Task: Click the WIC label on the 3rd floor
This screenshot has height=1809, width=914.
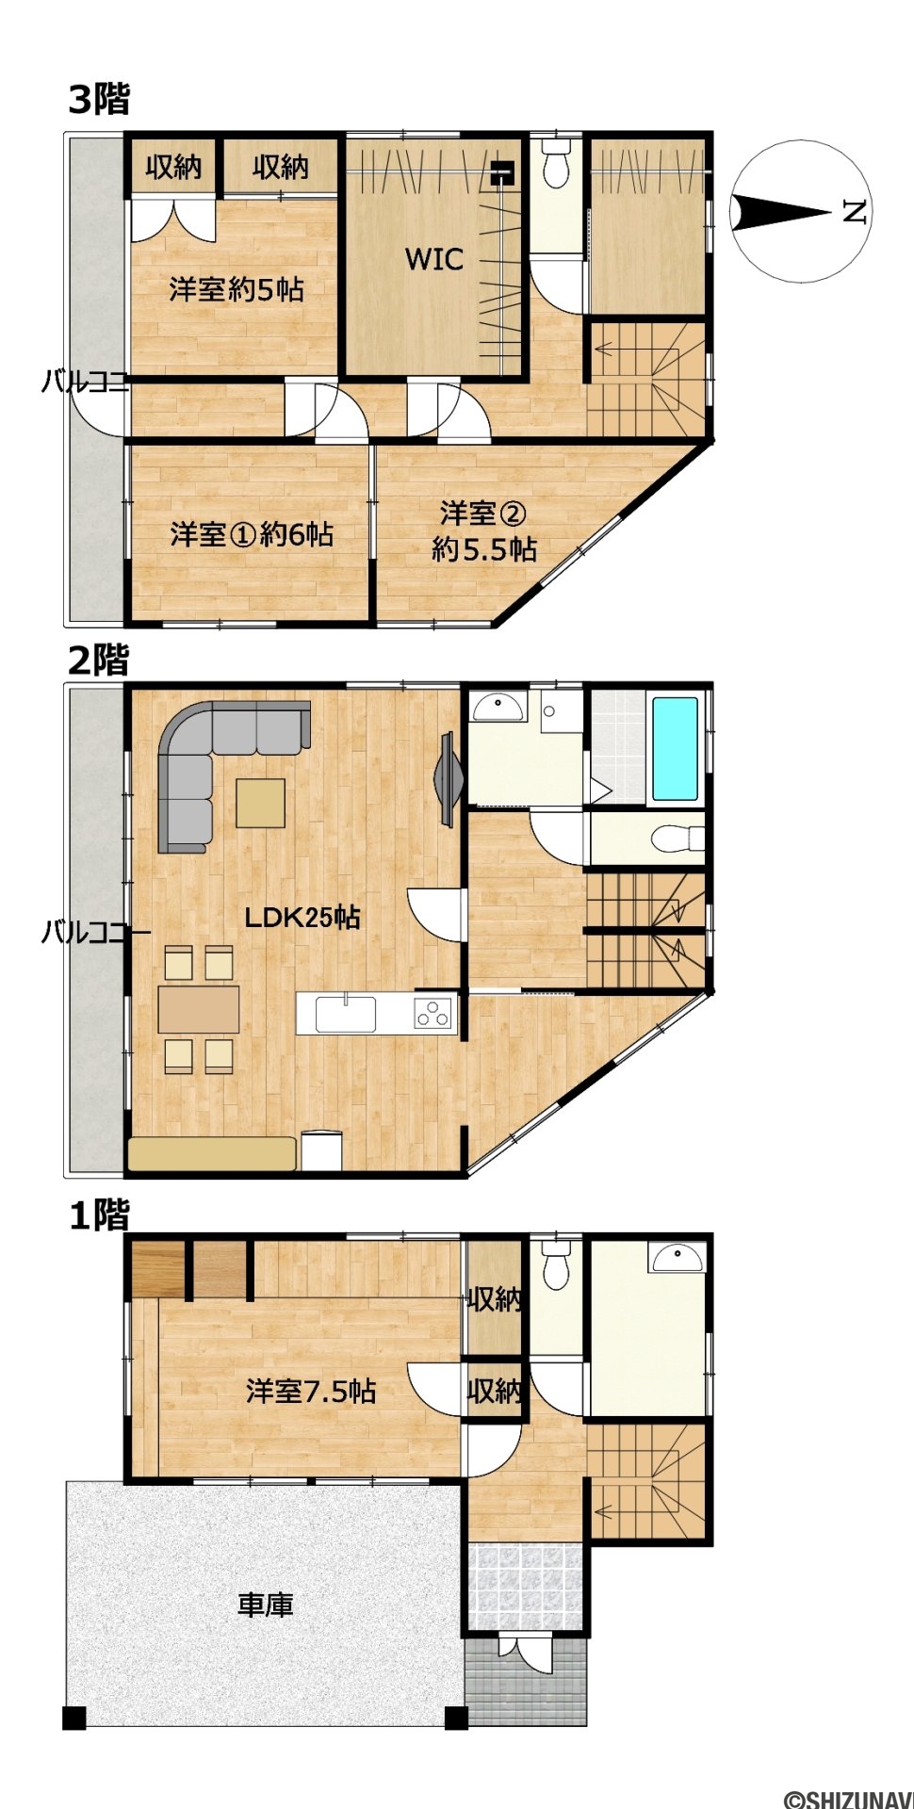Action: pyautogui.click(x=434, y=258)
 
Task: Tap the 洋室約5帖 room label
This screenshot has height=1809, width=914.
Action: pyautogui.click(x=237, y=289)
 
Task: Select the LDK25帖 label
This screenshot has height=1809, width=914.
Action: pyautogui.click(x=302, y=917)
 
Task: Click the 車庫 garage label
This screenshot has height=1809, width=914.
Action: pyautogui.click(x=265, y=1605)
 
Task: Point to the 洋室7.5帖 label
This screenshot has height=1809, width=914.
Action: pyautogui.click(x=311, y=1391)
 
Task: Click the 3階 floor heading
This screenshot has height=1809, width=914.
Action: pyautogui.click(x=99, y=99)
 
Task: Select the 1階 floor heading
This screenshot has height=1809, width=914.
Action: pyautogui.click(x=99, y=1215)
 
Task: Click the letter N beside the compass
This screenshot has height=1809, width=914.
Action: pyautogui.click(x=854, y=212)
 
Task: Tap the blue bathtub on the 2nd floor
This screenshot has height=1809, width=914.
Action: pyautogui.click(x=676, y=748)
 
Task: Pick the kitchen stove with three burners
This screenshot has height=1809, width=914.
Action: pyautogui.click(x=433, y=1014)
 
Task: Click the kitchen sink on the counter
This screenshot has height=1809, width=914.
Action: pyautogui.click(x=345, y=1014)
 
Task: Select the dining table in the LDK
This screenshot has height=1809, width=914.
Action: pyautogui.click(x=198, y=1009)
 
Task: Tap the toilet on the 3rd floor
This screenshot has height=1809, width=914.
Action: pyautogui.click(x=557, y=164)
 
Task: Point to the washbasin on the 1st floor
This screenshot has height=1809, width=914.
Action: pyautogui.click(x=677, y=1257)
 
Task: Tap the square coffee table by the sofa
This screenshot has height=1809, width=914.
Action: pyautogui.click(x=260, y=803)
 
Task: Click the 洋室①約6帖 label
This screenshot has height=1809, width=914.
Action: pyautogui.click(x=252, y=535)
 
